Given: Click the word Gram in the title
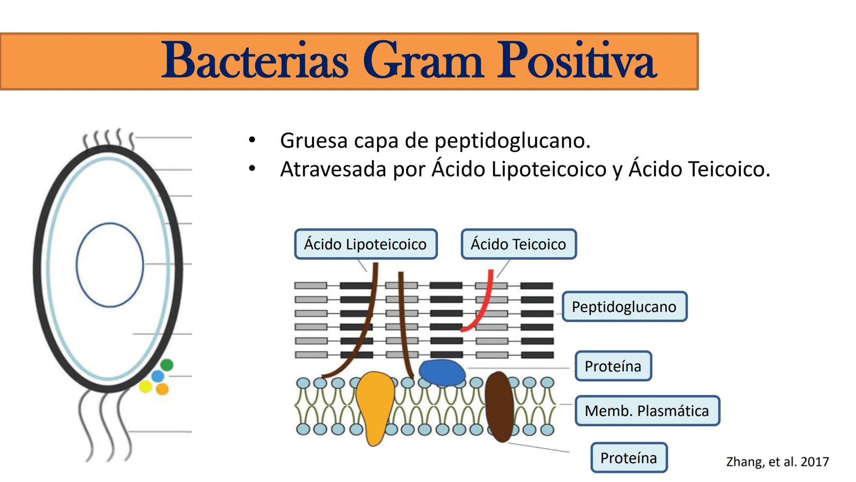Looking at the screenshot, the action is [423, 61].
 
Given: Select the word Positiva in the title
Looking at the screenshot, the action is [577, 61].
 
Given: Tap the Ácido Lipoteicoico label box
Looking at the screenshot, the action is [366, 244].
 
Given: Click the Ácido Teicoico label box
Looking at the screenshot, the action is [519, 244].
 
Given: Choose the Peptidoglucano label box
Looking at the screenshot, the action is [624, 307].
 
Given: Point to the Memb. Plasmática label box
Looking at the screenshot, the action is [647, 411].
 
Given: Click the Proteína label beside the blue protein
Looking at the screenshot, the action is [613, 366].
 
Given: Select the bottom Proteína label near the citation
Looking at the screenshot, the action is [629, 457].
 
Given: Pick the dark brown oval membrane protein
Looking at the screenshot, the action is [499, 407].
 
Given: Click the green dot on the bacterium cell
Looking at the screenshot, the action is [167, 365].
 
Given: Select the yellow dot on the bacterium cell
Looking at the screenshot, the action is [145, 386].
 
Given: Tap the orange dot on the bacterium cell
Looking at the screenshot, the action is [162, 389].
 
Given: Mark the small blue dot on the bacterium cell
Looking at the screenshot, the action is [158, 376].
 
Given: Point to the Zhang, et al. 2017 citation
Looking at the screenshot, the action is [778, 461].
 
